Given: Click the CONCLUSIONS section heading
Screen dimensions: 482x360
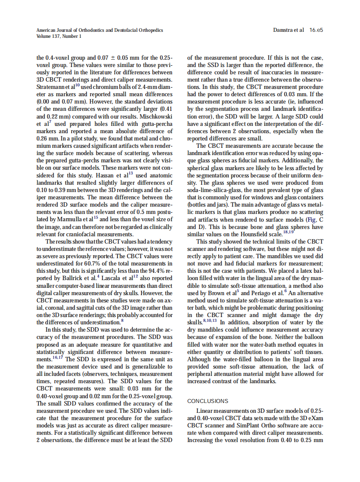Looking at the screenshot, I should (x=208, y=401).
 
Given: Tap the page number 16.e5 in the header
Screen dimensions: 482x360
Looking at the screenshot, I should (x=316, y=31).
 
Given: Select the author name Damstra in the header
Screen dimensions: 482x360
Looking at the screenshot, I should (x=283, y=31).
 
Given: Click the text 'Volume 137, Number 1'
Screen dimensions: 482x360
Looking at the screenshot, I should (x=59, y=37).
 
